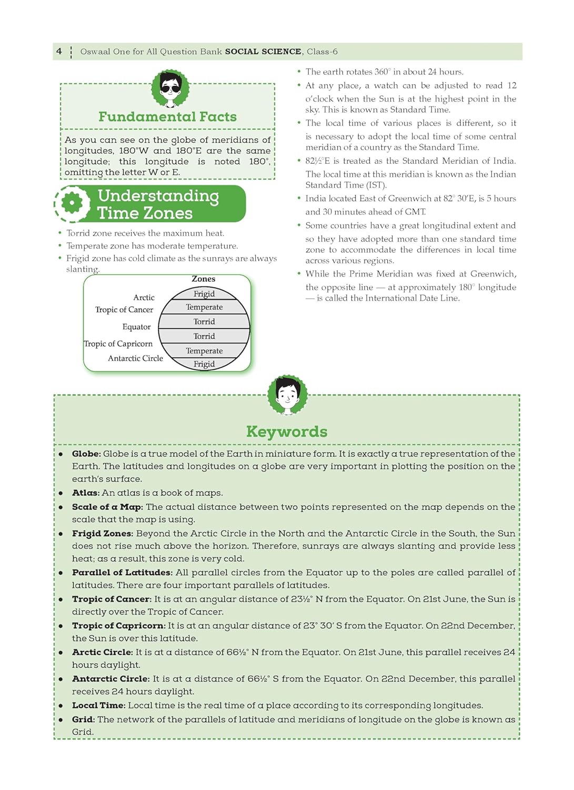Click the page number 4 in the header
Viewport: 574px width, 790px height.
(59, 51)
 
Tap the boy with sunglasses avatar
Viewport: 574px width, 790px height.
(170, 88)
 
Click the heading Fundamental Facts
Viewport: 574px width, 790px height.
(167, 116)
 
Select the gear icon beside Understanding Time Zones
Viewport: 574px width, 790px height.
(72, 203)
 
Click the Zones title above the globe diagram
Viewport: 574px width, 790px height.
(204, 279)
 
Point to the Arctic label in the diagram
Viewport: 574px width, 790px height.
(144, 298)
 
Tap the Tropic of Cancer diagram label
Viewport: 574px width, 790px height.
(124, 310)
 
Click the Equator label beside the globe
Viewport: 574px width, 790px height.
(136, 327)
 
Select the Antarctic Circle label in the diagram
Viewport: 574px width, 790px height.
(135, 358)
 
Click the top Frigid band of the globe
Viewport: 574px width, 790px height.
(204, 294)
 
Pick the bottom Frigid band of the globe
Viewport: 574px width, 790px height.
(204, 364)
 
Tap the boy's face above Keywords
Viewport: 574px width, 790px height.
(287, 394)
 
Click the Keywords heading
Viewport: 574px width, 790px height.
(287, 432)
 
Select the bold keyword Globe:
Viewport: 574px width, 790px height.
(86, 454)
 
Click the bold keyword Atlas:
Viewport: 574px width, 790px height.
(86, 493)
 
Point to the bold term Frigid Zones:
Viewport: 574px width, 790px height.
(103, 534)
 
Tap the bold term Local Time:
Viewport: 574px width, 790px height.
(98, 706)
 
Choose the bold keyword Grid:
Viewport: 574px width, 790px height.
(83, 719)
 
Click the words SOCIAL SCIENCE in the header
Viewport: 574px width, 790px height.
(263, 52)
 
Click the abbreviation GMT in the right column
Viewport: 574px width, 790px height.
(415, 212)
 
